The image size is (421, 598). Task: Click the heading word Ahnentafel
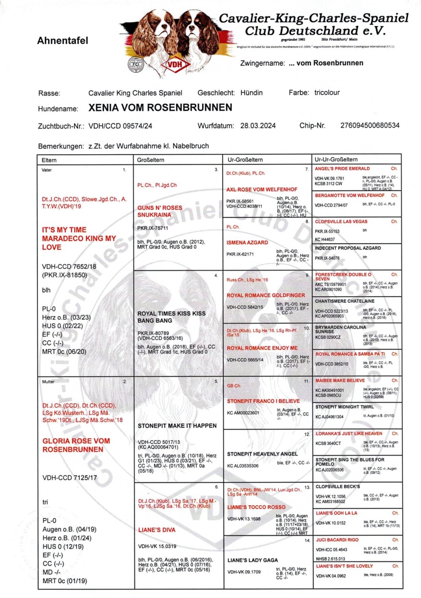coord(63,40)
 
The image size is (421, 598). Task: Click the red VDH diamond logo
coord(174,64)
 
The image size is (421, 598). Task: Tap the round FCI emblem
coord(136,64)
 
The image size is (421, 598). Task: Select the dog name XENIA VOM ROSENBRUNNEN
coord(160,107)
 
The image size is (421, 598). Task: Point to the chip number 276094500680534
coord(370,125)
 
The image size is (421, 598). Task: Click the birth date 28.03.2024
coord(258,126)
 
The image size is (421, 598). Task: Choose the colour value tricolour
coord(327,92)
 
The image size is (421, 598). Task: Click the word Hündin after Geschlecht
coord(251,92)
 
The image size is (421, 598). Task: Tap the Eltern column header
coord(49,160)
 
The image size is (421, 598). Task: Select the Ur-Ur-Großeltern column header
coord(336,159)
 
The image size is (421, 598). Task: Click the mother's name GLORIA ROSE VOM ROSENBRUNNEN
coord(76,445)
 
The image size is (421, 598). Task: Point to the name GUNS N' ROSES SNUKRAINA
coord(160,211)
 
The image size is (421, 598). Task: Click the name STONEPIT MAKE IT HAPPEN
coord(177,426)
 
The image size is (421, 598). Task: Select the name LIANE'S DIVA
coord(157,530)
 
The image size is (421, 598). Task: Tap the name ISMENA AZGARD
coord(247,242)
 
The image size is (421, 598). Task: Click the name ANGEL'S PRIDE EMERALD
coord(342,169)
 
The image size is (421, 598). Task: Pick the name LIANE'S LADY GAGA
coord(253,560)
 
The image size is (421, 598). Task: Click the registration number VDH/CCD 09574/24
coord(120,126)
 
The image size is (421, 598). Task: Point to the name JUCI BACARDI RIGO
coord(337,539)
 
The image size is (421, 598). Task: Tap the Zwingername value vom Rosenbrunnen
coord(326,63)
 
